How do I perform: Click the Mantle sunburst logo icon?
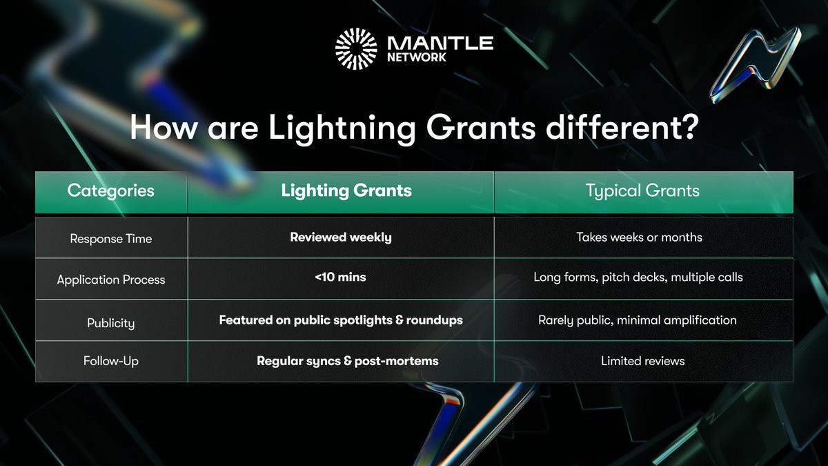click(x=356, y=49)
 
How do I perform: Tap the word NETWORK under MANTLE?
click(x=417, y=57)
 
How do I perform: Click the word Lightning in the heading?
click(x=342, y=128)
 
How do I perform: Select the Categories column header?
click(x=111, y=191)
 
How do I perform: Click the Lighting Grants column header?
click(x=346, y=191)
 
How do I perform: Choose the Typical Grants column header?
click(x=643, y=191)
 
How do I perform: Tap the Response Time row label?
click(x=111, y=239)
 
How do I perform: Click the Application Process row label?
click(x=111, y=280)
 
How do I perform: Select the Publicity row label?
click(x=111, y=323)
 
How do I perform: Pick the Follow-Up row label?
click(x=111, y=360)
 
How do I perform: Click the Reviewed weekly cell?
click(x=341, y=237)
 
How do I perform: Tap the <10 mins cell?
click(x=340, y=277)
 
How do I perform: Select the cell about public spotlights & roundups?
click(x=341, y=320)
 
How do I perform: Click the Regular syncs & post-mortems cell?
click(x=348, y=361)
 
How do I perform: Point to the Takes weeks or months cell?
click(x=639, y=237)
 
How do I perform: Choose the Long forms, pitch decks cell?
click(x=638, y=277)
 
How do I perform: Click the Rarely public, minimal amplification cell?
click(x=638, y=320)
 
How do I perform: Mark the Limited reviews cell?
click(x=643, y=360)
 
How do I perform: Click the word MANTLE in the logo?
click(x=440, y=43)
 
